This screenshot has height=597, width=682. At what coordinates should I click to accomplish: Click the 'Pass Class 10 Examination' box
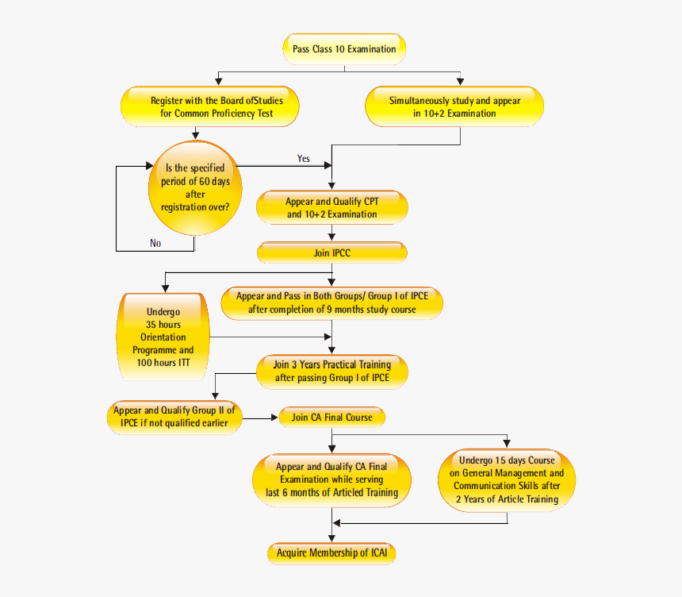(344, 49)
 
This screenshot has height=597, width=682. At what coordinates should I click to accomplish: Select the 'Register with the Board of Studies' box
(212, 107)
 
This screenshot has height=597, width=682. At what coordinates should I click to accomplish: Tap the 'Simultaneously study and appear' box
(454, 107)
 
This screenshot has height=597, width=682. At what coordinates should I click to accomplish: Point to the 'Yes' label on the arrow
(304, 159)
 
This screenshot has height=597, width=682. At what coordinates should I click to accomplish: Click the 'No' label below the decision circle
(155, 243)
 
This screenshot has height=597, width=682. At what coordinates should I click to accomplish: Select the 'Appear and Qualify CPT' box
(332, 208)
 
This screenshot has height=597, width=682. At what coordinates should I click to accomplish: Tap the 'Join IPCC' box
(332, 253)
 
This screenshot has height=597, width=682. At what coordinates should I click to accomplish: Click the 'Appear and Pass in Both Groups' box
(331, 302)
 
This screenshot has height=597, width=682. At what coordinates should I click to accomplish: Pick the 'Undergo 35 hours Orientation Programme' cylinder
(163, 337)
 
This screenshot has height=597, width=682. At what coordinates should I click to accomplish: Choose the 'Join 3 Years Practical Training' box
(332, 371)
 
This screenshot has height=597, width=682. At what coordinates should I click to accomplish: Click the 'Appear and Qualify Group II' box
(174, 417)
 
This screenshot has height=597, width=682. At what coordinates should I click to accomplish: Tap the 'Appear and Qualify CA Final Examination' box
(331, 480)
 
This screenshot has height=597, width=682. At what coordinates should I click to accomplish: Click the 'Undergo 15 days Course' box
(507, 480)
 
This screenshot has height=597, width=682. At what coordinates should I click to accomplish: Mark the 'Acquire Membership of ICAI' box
(332, 553)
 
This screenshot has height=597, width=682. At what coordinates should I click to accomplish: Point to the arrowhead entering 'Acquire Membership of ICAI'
(332, 540)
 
